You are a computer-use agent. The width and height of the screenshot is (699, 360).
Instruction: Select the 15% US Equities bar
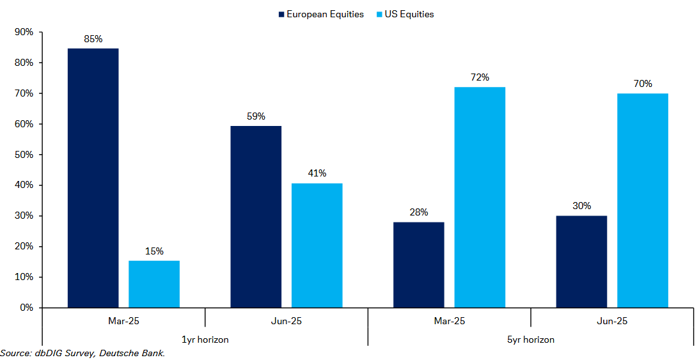154,284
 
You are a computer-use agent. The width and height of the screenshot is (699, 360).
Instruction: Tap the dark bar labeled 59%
256,217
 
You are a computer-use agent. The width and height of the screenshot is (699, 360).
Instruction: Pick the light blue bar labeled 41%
317,246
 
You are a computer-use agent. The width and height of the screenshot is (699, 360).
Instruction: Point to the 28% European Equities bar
418,265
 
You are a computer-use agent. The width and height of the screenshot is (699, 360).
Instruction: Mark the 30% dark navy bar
581,262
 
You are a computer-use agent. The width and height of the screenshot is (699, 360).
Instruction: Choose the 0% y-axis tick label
26,308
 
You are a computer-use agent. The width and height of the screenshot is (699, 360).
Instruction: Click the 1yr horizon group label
205,340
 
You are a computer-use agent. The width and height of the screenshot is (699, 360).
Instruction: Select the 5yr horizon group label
531,340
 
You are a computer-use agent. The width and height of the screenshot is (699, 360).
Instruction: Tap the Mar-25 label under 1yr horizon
123,321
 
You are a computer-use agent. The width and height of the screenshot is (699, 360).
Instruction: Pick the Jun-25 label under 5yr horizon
612,321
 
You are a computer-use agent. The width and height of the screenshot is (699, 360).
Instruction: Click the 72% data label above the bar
480,77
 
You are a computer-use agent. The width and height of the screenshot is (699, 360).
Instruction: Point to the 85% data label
93,39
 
